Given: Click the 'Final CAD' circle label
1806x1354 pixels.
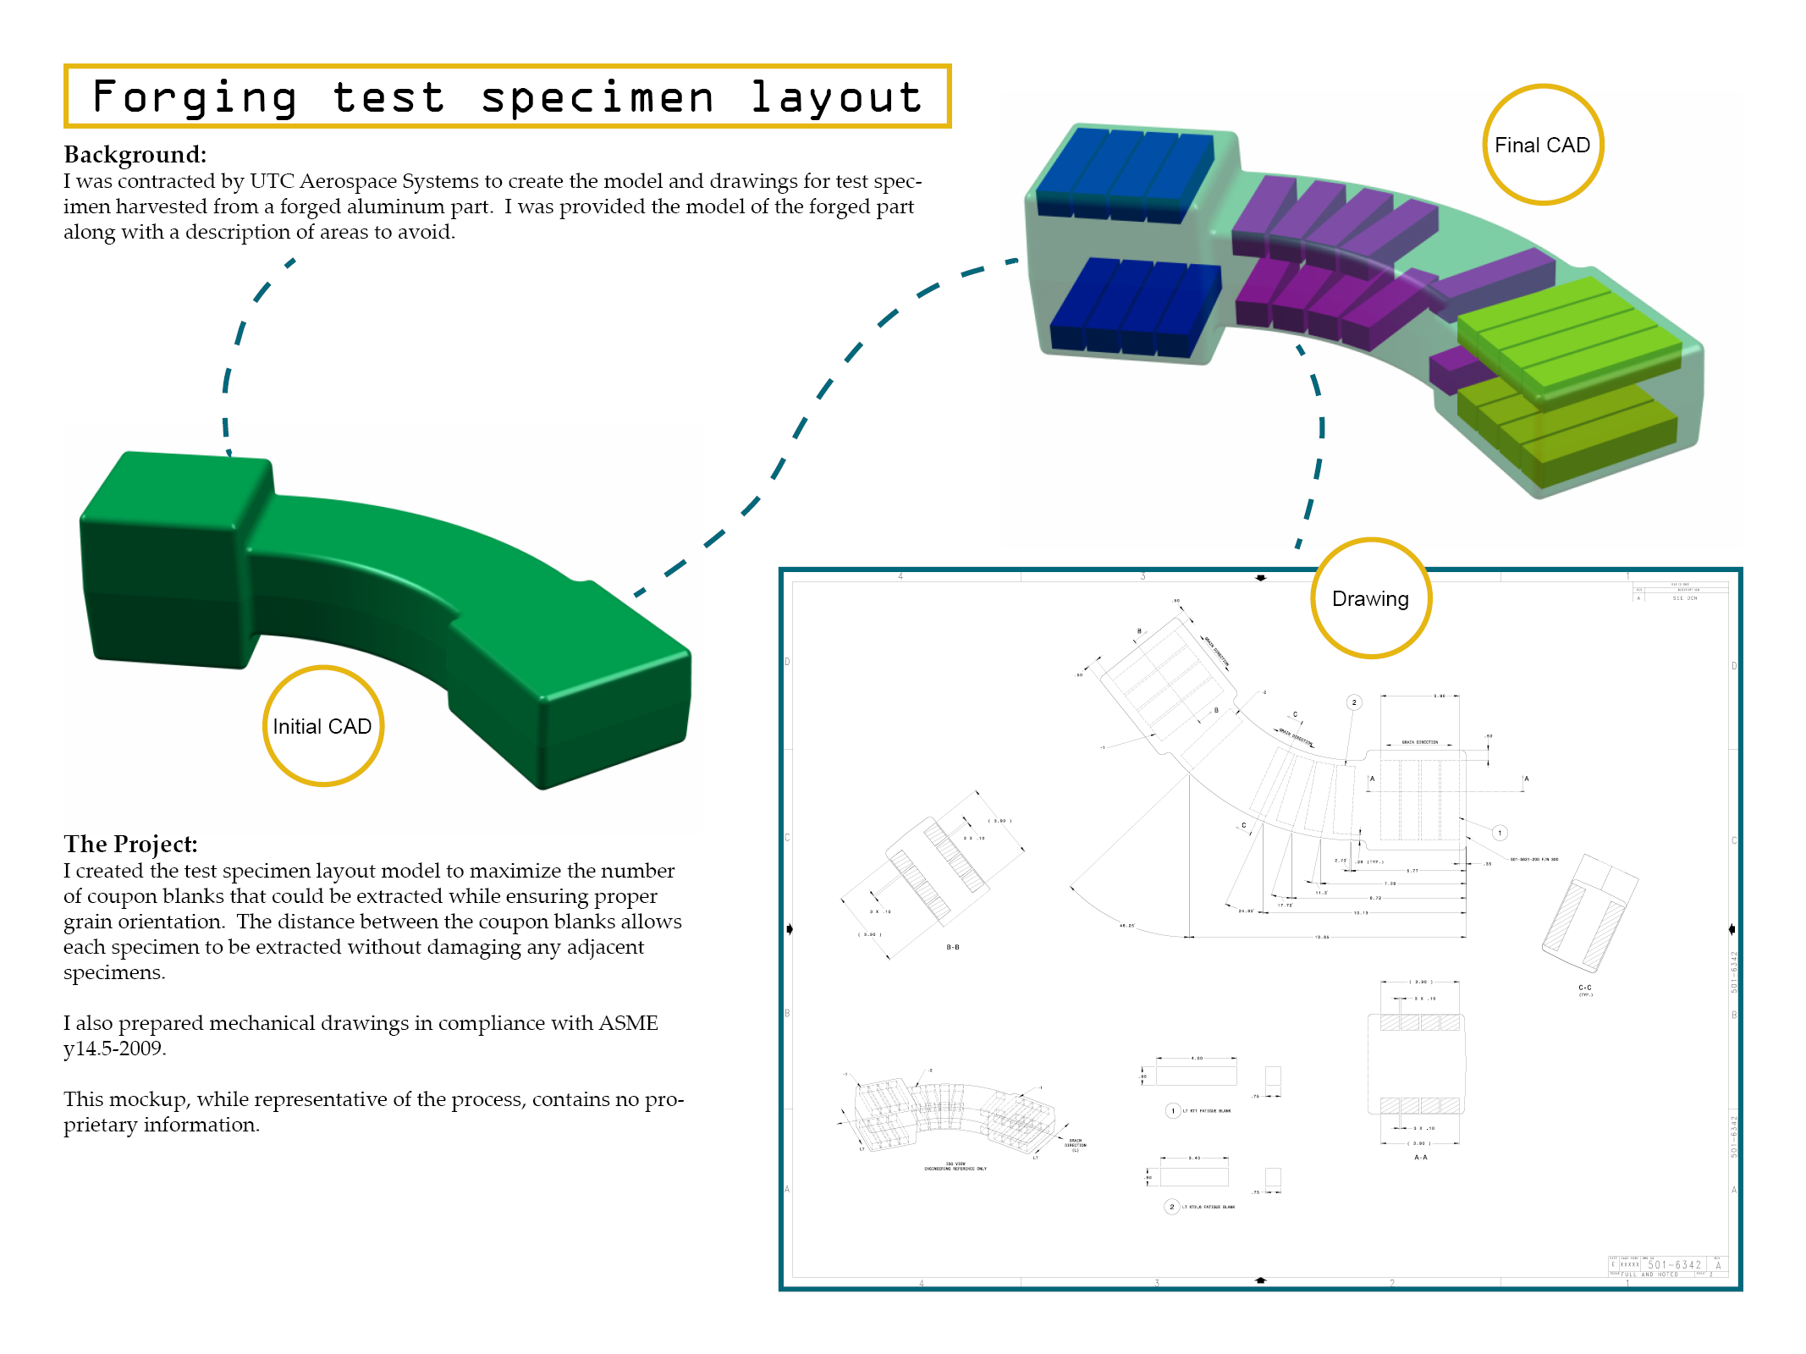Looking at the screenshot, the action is point(1542,146).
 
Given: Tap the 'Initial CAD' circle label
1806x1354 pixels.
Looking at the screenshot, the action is point(322,727).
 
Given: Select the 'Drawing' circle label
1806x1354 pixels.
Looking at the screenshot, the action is point(1370,599).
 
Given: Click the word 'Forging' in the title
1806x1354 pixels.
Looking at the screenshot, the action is point(195,97).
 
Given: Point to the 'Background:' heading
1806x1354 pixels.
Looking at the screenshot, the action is point(135,155).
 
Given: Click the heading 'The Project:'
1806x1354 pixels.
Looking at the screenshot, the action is point(130,844).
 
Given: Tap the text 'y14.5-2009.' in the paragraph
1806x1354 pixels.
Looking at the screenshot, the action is point(114,1049).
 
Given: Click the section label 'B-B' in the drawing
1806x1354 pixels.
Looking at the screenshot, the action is point(953,947).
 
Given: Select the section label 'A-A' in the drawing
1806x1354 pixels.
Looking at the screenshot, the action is point(1421,1157).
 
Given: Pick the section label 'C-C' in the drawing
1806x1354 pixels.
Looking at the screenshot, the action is point(1585,988).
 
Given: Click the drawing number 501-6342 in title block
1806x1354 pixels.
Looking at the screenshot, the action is point(1674,1265).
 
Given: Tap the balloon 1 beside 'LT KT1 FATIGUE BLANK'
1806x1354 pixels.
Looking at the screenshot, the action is point(1173,1110).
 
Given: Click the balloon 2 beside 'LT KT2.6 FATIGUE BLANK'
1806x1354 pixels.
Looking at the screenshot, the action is point(1172,1207).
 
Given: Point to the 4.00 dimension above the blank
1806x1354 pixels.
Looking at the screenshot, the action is point(1197,1058).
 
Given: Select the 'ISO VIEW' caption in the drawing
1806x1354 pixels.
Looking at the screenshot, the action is point(955,1164).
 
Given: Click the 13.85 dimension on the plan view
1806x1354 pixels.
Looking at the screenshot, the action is point(1322,938).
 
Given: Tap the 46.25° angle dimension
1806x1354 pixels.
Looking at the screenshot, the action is point(1127,926).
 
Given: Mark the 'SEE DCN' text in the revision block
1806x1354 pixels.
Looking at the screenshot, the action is point(1685,598).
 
